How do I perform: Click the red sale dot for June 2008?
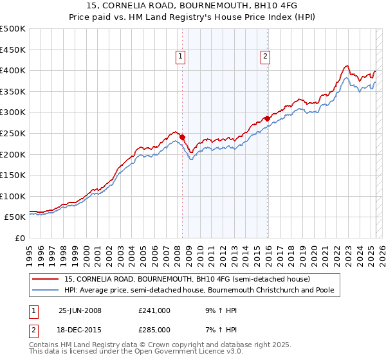click(182, 137)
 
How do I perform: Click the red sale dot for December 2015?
click(267, 118)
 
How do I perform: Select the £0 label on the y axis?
click(20, 238)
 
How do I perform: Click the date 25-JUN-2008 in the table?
click(80, 310)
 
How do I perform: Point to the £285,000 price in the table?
click(154, 330)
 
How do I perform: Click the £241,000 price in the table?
click(154, 310)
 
